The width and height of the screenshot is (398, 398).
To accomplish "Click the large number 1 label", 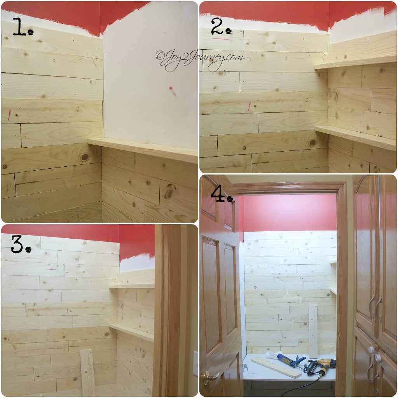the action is click(x=22, y=26).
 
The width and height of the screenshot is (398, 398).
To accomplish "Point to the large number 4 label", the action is click(x=222, y=194).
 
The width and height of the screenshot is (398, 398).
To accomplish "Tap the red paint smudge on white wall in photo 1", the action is click(x=172, y=91).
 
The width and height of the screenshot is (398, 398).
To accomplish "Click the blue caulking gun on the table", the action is click(x=291, y=360).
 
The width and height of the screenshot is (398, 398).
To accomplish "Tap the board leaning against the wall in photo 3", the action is click(x=87, y=373).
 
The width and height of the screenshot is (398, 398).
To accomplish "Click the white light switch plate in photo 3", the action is click(x=196, y=363).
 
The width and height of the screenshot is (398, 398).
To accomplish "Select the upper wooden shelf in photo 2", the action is click(x=355, y=63).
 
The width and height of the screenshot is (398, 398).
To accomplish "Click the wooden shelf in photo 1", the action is click(x=143, y=149).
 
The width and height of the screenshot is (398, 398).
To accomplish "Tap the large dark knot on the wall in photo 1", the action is click(x=85, y=157).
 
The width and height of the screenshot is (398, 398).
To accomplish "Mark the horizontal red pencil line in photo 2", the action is click(x=221, y=39).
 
